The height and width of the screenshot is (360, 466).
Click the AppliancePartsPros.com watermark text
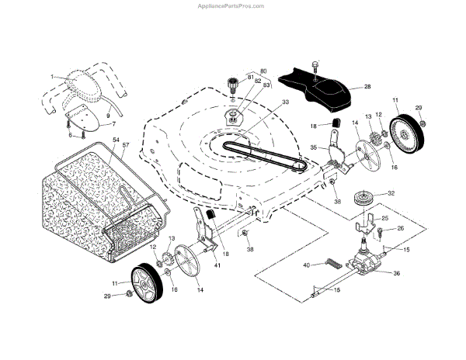(x=233, y=5)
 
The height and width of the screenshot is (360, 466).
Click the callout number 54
(x=116, y=140)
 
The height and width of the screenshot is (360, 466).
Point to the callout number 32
(x=391, y=193)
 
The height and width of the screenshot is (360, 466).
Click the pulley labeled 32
(x=363, y=198)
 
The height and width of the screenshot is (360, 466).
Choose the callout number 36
(x=397, y=272)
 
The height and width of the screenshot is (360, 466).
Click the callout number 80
(x=263, y=71)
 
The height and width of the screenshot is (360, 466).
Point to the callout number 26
(x=401, y=228)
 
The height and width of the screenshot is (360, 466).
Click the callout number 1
(x=51, y=77)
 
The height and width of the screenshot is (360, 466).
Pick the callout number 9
(x=107, y=116)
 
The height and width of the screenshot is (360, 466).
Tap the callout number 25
(x=384, y=220)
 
